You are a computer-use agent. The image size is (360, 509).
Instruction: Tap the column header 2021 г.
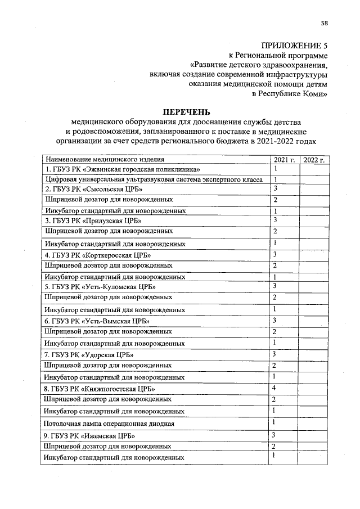284,160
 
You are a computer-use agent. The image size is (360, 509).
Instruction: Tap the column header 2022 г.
314,160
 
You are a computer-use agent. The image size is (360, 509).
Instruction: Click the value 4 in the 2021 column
273,388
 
